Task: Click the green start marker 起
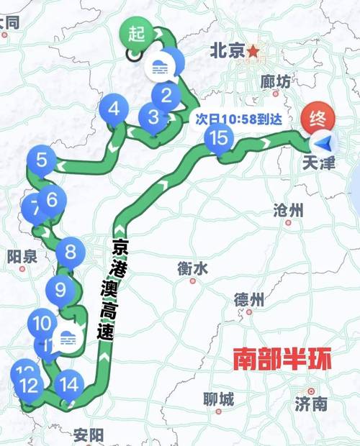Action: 136,33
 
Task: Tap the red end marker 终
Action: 318,117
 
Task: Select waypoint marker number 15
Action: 220,137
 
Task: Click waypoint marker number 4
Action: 114,110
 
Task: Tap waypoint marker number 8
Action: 52,199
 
